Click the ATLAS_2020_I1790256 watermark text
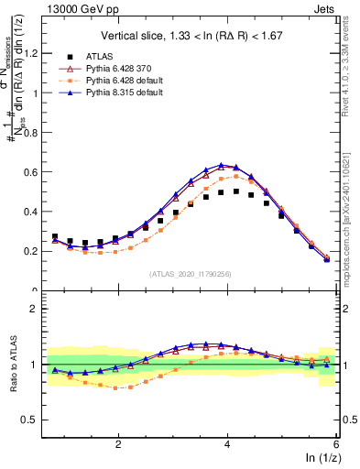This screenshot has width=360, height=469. [x=189, y=274]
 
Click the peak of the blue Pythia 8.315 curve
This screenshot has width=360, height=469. [x=222, y=165]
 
